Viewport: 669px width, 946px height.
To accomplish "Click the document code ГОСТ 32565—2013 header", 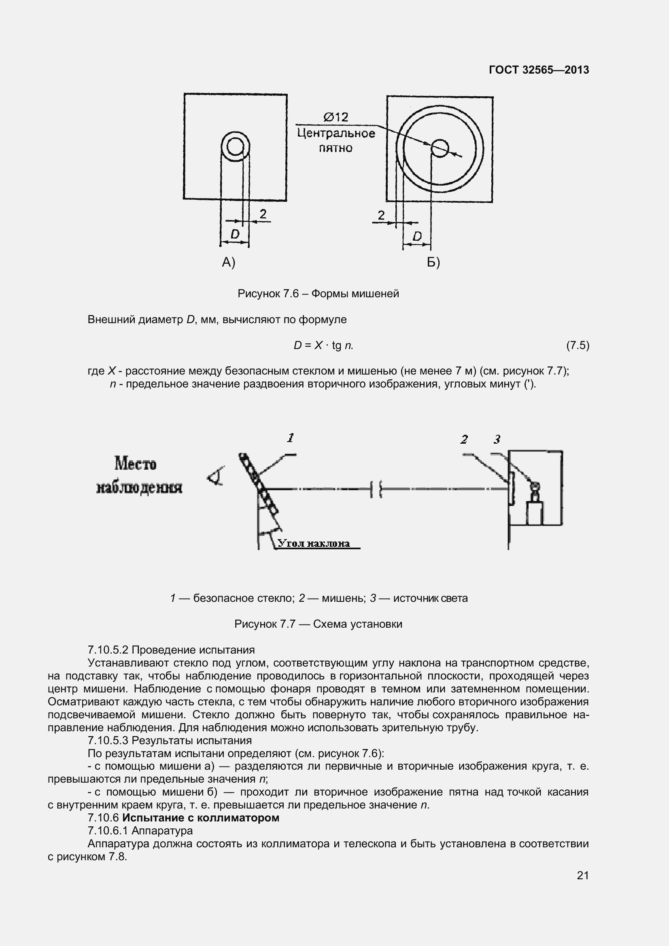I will point(539,70).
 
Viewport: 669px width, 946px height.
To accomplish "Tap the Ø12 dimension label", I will point(336,117).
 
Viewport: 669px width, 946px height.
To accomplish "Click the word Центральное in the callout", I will point(336,133).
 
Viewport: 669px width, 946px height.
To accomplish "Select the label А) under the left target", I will point(228,262).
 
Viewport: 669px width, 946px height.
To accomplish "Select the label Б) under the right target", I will point(433,262).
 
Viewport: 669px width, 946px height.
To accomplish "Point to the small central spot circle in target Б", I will point(440,148).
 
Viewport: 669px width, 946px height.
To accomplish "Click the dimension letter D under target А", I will point(235,235).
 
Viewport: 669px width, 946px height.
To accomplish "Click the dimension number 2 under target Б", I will point(381,215).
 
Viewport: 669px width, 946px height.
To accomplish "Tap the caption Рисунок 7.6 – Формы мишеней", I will point(318,294).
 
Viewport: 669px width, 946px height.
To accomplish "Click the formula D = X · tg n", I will point(324,345).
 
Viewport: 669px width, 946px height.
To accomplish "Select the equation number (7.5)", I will point(578,345).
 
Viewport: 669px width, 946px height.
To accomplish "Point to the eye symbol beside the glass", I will point(216,476).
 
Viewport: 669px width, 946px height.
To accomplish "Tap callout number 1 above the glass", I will point(290,438).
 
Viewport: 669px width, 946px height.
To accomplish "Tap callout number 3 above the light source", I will point(497,439).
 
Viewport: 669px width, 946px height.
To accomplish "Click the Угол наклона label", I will point(314,544).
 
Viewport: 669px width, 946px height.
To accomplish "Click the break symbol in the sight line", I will point(376,489).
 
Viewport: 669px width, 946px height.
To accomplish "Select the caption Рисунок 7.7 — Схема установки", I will point(318,624).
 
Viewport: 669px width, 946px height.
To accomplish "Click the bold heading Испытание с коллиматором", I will point(201,817).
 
